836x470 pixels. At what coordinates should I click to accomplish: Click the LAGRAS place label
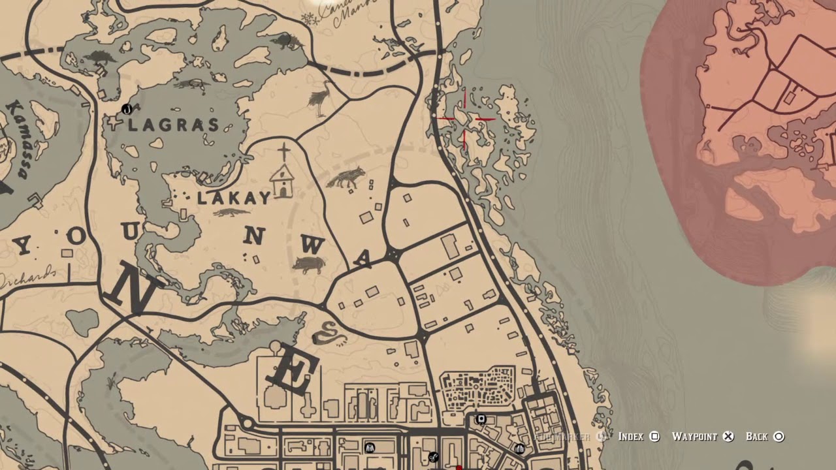[x=173, y=125]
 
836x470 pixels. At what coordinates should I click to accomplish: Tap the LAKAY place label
[x=233, y=198]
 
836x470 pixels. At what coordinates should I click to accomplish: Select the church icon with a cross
[x=283, y=173]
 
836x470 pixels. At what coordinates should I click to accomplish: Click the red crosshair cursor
[x=466, y=119]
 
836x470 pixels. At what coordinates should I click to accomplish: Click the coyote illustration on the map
[x=346, y=178]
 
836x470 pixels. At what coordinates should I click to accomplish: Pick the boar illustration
[x=308, y=264]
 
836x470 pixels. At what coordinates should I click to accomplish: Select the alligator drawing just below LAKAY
[x=231, y=213]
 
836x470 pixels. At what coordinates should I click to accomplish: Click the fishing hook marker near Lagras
[x=127, y=109]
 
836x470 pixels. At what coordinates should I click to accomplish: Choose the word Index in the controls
[x=630, y=437]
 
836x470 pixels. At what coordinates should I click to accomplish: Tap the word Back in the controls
[x=756, y=437]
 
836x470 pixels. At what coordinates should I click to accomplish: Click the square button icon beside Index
[x=654, y=437]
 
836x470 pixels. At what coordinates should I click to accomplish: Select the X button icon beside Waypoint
[x=729, y=437]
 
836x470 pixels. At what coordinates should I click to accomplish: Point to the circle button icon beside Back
[x=779, y=437]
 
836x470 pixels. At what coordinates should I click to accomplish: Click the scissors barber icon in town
[x=432, y=457]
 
